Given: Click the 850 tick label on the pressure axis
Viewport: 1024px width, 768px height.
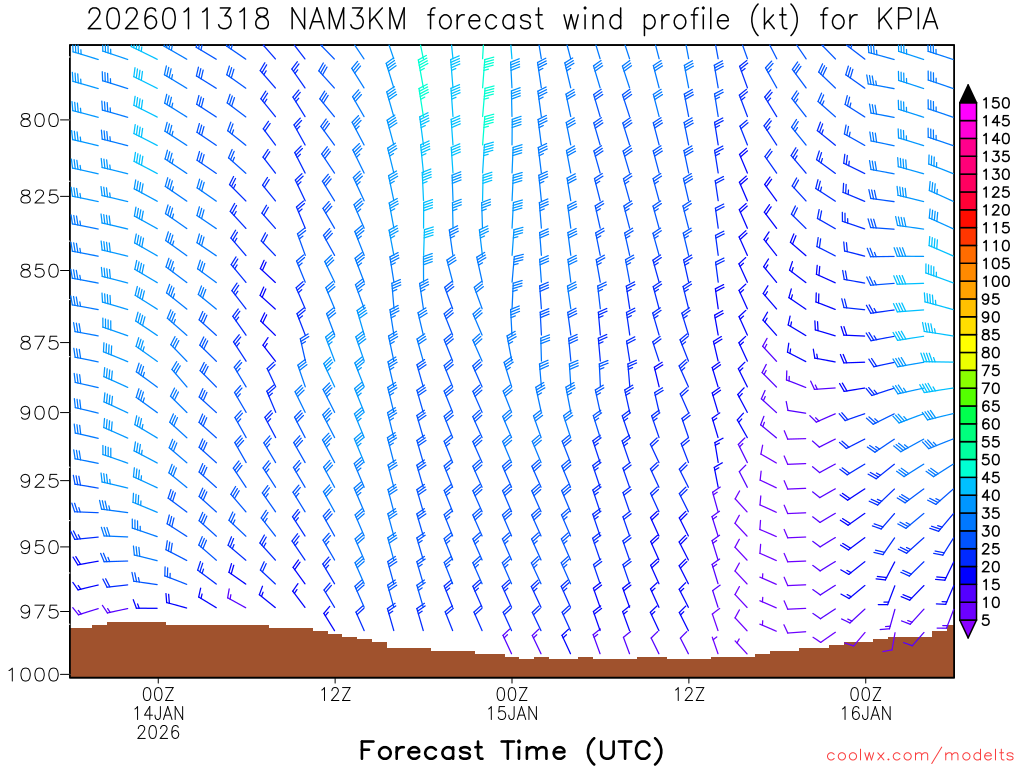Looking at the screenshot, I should coord(39,271).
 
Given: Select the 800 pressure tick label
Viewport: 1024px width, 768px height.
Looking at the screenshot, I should coord(39,120).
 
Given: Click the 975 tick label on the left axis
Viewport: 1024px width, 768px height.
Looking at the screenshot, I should coord(39,611).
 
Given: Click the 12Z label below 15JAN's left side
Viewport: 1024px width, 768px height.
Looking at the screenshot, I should coord(335,694).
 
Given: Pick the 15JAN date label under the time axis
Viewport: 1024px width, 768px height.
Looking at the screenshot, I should coord(512,713).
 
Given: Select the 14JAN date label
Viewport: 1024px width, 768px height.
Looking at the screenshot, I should coord(159,713).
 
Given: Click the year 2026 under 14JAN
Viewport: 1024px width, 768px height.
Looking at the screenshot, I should coord(159,732).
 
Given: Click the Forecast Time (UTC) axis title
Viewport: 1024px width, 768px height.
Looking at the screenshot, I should coord(511,750).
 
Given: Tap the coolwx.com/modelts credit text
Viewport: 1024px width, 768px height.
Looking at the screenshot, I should coord(919,754).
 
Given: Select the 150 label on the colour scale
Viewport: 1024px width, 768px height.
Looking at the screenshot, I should coord(995,103).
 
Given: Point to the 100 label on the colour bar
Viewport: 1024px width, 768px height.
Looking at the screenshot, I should coord(995,281).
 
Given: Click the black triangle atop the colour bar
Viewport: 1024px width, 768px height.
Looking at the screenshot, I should coord(968,94).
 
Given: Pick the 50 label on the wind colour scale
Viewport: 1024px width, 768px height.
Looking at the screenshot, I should coord(991,459).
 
